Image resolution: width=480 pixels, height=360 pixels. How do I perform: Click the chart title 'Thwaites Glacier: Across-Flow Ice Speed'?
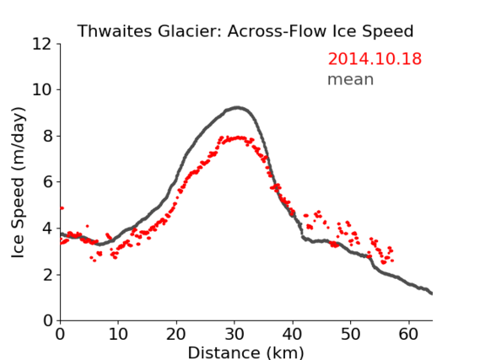point(245,31)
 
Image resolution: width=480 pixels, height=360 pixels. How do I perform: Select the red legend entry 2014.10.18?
point(375,59)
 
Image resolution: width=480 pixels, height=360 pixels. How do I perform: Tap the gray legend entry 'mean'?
point(351,79)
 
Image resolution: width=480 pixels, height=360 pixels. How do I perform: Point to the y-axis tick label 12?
point(42,45)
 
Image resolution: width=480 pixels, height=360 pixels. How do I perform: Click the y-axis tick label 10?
point(42,90)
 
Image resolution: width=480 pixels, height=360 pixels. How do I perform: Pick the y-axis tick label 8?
point(47,136)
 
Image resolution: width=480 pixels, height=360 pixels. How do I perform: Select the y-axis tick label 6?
point(47,182)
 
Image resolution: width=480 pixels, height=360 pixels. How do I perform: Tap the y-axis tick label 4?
point(47,228)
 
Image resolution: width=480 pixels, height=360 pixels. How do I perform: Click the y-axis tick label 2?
point(47,275)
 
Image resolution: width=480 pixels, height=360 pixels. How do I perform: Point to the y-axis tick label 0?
point(47,321)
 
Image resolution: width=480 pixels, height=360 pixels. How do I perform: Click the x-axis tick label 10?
point(118,335)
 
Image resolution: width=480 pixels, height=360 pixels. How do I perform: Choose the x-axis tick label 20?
point(176,335)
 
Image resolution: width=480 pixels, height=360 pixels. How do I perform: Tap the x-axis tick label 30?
point(235,335)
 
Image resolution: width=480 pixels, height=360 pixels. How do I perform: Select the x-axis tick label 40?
point(293,335)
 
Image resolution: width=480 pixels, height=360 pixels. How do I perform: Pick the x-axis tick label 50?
point(351,335)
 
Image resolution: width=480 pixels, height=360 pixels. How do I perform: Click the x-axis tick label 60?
point(408,335)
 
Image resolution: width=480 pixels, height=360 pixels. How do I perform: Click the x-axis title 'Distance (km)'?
point(245,352)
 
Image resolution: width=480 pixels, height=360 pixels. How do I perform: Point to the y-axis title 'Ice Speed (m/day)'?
point(18,183)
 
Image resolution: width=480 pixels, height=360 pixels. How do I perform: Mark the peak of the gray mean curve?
point(237,108)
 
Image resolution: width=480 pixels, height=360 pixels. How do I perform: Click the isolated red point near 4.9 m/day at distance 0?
point(62,208)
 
